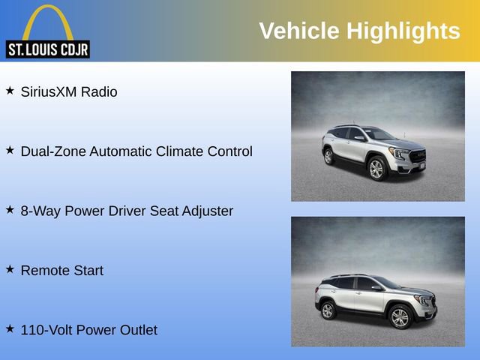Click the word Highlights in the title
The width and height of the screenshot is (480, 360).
403,31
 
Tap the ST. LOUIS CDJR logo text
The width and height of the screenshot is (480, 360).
47,50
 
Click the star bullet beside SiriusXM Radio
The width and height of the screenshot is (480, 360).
10,91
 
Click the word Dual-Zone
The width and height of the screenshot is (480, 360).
53,151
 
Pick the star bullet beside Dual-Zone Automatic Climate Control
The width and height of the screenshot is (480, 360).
10,150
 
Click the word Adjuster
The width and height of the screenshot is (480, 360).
207,211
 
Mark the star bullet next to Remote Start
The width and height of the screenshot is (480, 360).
10,268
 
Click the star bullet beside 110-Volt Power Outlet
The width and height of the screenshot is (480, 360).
10,328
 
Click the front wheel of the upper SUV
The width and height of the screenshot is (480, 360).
376,169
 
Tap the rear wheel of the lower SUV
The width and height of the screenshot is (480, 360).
328,310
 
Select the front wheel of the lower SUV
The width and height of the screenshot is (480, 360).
400,317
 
